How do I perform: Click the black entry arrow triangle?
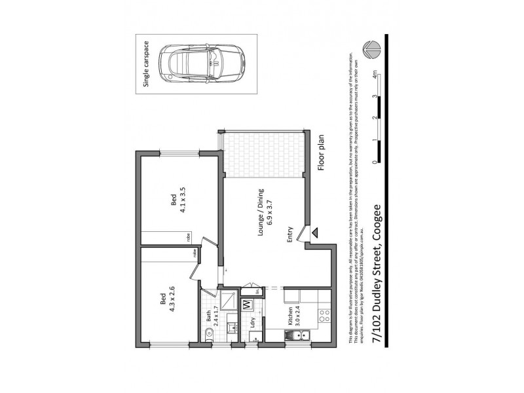(x=316, y=232)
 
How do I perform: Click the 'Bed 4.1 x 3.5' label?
(x=178, y=200)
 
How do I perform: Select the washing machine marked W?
(x=248, y=305)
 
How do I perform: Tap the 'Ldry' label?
(x=253, y=323)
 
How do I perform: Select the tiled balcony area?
(x=264, y=155)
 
